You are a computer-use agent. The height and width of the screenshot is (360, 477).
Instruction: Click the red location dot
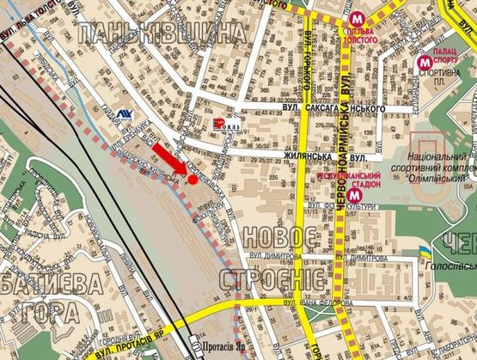(x=193, y=180)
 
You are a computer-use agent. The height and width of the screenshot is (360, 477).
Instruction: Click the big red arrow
(x=170, y=161)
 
